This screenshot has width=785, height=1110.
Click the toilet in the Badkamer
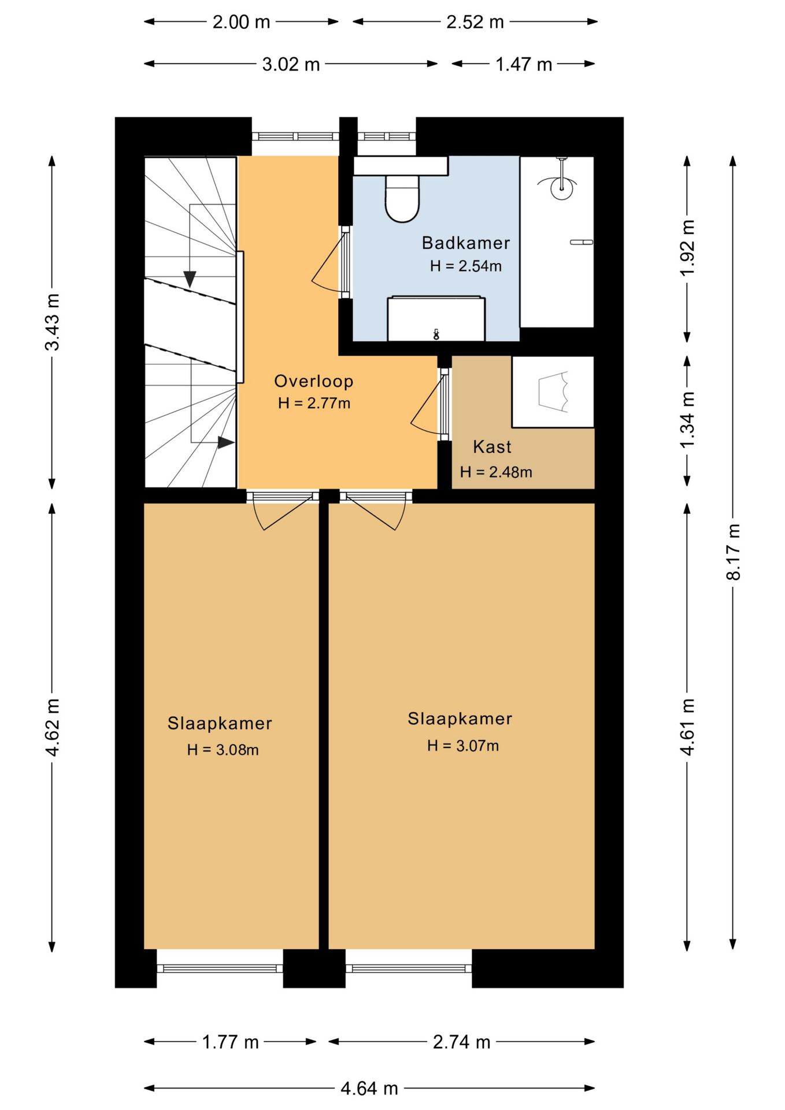click(x=402, y=199)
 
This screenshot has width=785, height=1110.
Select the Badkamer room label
click(x=466, y=243)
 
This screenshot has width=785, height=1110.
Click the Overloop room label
click(x=313, y=381)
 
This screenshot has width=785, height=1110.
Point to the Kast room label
click(x=492, y=447)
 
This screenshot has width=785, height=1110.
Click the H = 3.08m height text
click(x=223, y=750)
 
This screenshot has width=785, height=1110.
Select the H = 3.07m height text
click(x=463, y=746)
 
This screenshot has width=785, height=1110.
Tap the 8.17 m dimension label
click(x=733, y=552)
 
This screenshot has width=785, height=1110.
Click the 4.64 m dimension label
click(x=369, y=1089)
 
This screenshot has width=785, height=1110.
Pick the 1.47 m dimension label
click(x=524, y=64)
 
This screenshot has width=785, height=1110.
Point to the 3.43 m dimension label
click(x=52, y=322)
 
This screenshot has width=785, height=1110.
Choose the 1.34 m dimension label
click(x=687, y=420)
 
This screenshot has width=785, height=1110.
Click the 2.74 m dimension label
click(x=461, y=1042)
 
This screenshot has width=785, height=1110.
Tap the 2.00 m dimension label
click(x=241, y=22)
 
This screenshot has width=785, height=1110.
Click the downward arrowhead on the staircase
click(x=190, y=279)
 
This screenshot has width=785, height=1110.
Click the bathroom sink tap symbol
click(x=436, y=334)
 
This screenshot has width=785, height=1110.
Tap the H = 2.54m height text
click(x=465, y=266)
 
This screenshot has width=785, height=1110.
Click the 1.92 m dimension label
click(x=687, y=248)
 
